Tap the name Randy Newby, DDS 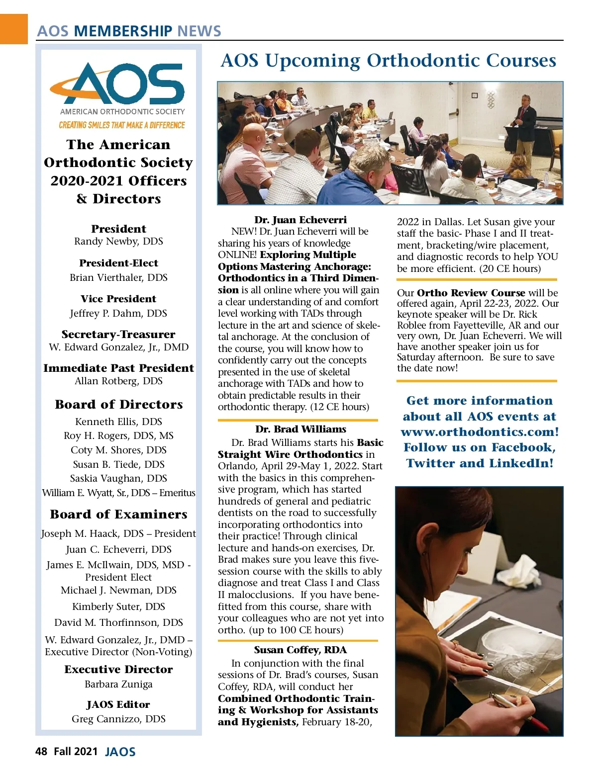118,242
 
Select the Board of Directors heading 119,405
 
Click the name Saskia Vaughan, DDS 118,478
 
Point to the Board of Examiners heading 119,515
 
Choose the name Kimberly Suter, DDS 118,606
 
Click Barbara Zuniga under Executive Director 118,685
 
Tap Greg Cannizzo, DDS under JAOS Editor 118,719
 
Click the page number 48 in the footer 41,752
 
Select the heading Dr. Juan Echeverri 300,220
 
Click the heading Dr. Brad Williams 300,429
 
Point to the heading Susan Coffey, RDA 300,650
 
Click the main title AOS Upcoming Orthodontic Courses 388,61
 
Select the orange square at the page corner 13,29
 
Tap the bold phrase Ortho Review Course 471,293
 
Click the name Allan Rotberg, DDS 118,381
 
